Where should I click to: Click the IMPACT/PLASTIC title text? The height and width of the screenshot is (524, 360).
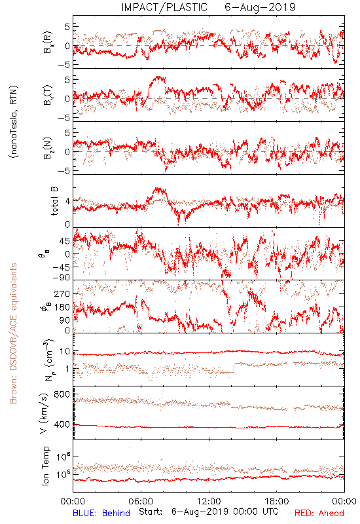pos(164,7)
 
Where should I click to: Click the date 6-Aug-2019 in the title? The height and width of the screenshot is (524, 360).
pos(260,7)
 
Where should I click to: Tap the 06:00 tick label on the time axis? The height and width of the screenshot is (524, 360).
pos(141,501)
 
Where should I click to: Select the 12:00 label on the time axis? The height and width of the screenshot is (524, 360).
pos(209,501)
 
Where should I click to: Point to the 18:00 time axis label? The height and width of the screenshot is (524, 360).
pos(277,501)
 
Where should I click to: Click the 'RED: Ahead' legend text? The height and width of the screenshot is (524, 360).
pos(319,513)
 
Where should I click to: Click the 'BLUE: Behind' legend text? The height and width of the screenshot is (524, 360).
pos(101,513)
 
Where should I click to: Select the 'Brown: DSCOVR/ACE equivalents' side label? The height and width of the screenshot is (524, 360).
pos(13,333)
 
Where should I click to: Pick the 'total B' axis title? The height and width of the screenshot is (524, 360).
pos(54,201)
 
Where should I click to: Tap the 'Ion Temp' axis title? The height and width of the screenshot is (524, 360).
pos(45,466)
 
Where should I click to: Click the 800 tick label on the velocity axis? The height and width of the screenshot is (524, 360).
pos(62,394)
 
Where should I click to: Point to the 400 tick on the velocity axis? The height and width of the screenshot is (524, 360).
pos(62,424)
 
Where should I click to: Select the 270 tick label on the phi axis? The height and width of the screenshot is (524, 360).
pos(62,293)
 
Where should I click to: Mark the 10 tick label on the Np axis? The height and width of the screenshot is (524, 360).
pos(65,352)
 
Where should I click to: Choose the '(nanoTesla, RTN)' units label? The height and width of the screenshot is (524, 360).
pos(13,122)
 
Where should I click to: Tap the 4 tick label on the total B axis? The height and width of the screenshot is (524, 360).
pos(68,201)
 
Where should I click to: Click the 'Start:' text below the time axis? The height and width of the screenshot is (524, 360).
pos(151,512)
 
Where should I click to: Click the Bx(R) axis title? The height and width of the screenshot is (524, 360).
pos(48,43)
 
